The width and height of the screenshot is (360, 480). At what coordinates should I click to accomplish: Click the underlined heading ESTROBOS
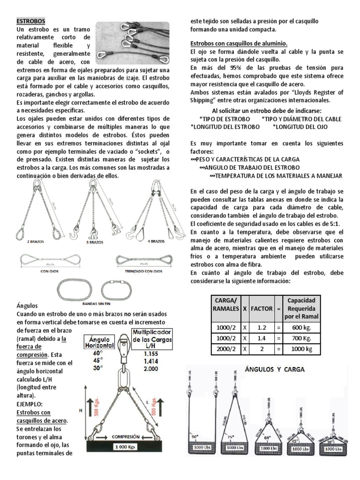pyautogui.click(x=31, y=22)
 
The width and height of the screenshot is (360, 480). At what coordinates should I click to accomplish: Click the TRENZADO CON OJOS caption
pyautogui.click(x=143, y=270)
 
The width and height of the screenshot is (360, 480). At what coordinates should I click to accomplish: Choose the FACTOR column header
pyautogui.click(x=262, y=309)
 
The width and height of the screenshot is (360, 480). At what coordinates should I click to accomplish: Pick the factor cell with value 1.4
pyautogui.click(x=262, y=338)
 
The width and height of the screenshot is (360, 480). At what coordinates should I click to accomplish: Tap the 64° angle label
pyautogui.click(x=267, y=437)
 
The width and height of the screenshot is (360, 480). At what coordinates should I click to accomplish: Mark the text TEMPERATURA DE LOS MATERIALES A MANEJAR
pyautogui.click(x=277, y=176)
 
